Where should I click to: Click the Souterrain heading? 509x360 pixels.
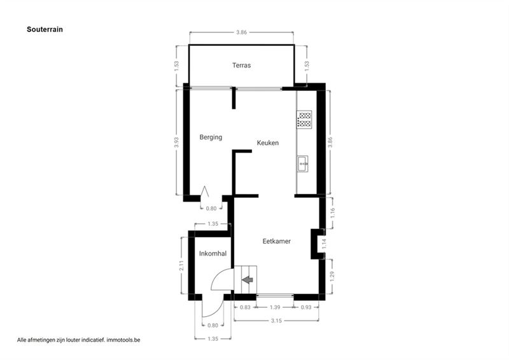click(x=45, y=29)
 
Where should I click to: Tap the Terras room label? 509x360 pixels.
click(x=242, y=66)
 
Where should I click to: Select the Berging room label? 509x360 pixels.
click(x=211, y=137)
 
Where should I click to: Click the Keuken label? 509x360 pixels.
click(x=268, y=143)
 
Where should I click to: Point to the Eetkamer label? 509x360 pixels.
click(x=277, y=241)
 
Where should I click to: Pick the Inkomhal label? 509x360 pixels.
click(x=213, y=254)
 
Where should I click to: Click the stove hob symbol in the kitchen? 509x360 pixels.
click(x=304, y=120)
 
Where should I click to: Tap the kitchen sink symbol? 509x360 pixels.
click(x=302, y=164)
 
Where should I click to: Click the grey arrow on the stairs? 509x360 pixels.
click(x=248, y=279)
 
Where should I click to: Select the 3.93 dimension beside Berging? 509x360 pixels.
click(x=176, y=142)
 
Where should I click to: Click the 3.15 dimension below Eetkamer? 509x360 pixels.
click(x=276, y=321)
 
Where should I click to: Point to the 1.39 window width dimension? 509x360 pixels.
click(x=275, y=307)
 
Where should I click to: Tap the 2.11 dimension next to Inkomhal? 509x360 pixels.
click(x=182, y=265)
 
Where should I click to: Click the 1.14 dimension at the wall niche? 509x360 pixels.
click(x=324, y=244)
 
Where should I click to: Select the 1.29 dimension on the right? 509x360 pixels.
click(x=331, y=276)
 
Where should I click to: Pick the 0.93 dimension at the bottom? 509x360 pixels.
click(x=306, y=307)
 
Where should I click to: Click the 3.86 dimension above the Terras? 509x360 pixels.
click(x=242, y=32)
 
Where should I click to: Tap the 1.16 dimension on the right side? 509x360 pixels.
click(x=332, y=213)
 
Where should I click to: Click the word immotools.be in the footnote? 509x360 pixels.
click(x=123, y=340)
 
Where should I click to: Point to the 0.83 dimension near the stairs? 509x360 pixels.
click(x=245, y=307)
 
